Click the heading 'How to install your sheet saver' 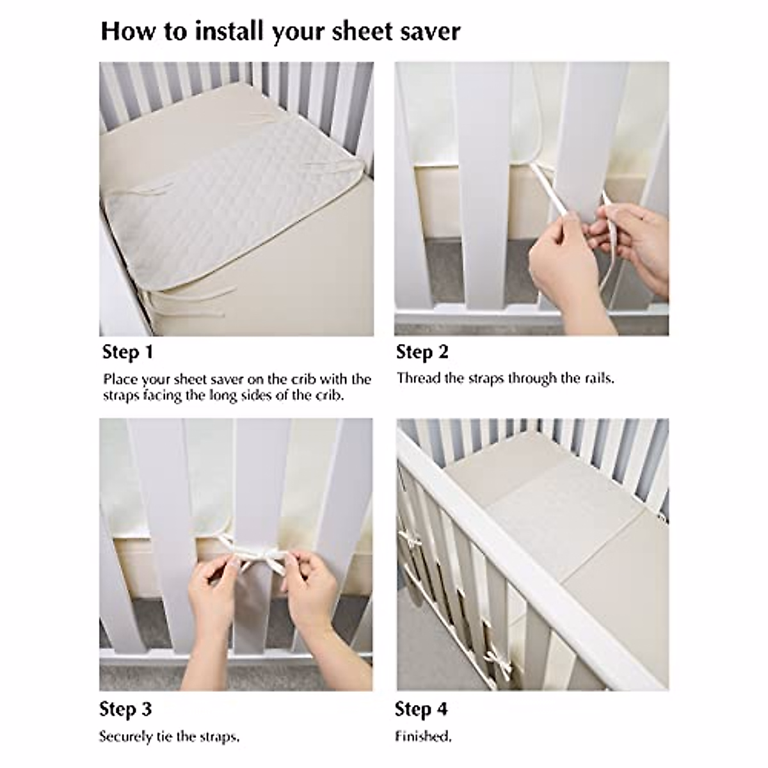pos(280,31)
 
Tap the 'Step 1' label pos(127,352)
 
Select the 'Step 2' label pos(422,352)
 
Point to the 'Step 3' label pos(125,709)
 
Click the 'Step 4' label pos(420,709)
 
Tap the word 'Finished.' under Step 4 pos(422,737)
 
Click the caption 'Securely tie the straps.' pos(169,737)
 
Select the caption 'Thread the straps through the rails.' pos(505,378)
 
